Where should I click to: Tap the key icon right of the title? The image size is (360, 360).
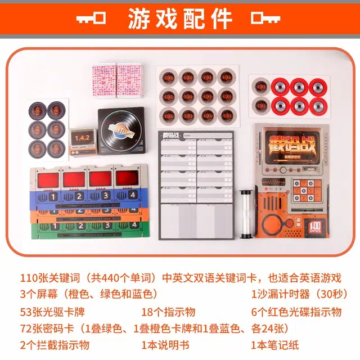coord(266,19)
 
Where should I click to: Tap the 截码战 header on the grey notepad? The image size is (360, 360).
coord(169,135)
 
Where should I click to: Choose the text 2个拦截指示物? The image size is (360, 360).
coord(55,345)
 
